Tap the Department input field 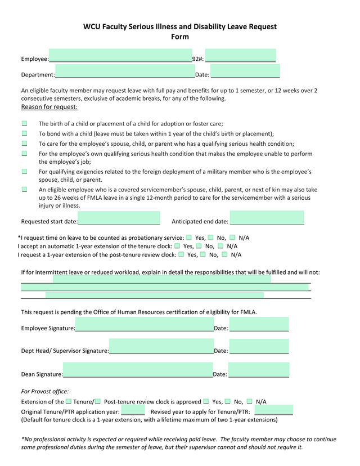click(x=124, y=72)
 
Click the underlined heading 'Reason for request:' click(x=49, y=107)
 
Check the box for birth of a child click(x=25, y=123)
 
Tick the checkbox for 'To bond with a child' click(x=25, y=133)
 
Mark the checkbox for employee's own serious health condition click(x=25, y=153)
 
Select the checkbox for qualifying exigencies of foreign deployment click(x=25, y=171)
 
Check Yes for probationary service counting click(x=189, y=238)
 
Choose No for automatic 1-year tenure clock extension click(x=199, y=246)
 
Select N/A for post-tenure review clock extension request click(x=225, y=254)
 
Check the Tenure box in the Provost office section click(x=69, y=401)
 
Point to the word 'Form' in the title click(x=180, y=37)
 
